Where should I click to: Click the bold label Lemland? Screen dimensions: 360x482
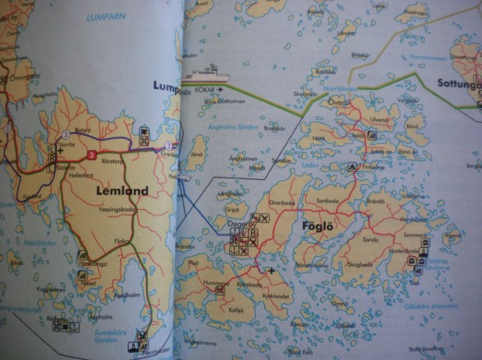tap(121, 191)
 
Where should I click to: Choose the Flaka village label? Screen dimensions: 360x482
tap(121, 241)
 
